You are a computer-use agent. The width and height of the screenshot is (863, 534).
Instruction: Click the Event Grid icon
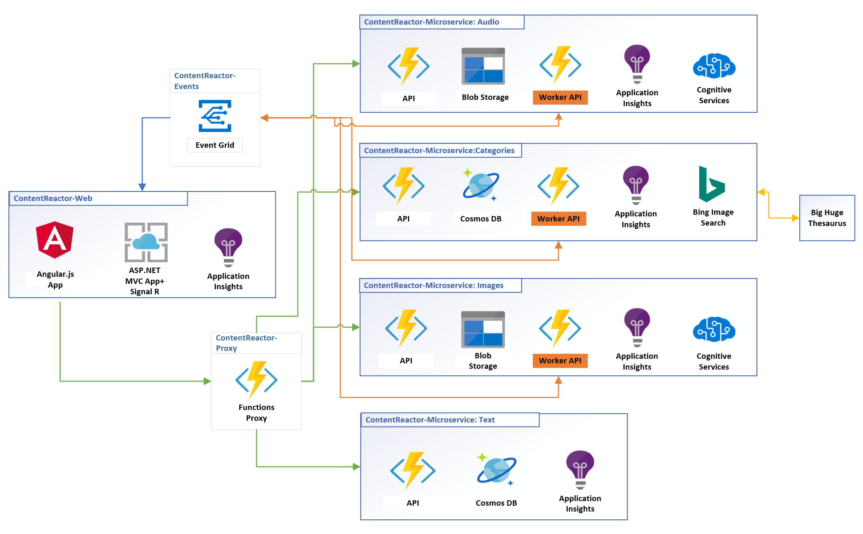(x=215, y=116)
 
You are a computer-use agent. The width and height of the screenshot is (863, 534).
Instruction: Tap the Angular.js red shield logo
(x=55, y=240)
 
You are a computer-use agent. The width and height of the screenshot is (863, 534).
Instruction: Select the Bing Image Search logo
(x=712, y=184)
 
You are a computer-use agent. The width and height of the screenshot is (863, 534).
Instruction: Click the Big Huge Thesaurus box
(x=827, y=218)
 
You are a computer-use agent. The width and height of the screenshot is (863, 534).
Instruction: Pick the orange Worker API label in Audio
(x=560, y=97)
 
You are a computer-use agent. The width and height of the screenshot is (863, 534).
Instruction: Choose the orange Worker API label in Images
(x=560, y=361)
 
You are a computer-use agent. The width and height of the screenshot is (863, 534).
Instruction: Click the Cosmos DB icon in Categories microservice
(x=481, y=185)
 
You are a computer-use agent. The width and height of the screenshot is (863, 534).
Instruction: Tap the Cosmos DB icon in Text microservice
(x=496, y=469)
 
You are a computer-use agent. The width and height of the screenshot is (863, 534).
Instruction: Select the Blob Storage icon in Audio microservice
(x=483, y=66)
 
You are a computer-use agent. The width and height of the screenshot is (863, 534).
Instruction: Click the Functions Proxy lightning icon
(x=256, y=380)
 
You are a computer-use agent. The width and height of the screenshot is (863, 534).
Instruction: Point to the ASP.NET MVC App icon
(x=146, y=242)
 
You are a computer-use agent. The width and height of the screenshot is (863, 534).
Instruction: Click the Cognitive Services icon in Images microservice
(x=714, y=329)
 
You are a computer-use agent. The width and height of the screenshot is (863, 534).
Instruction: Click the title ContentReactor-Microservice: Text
(x=430, y=420)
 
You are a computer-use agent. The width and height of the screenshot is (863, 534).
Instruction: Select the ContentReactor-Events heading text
(x=205, y=81)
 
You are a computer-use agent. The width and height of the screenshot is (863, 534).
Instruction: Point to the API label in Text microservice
(x=413, y=503)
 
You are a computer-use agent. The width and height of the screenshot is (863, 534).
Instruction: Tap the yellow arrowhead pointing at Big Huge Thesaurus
(x=795, y=218)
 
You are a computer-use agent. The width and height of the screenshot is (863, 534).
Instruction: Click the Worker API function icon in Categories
(x=558, y=186)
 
